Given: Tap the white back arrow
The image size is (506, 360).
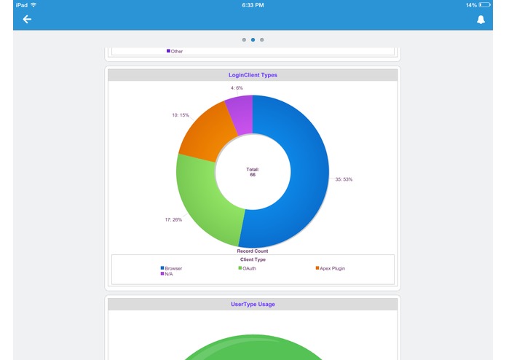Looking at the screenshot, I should click(27, 19).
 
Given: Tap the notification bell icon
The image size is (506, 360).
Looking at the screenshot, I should click(481, 20).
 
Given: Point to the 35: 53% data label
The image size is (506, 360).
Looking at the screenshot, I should click(344, 179).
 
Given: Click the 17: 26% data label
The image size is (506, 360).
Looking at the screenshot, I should click(173, 219).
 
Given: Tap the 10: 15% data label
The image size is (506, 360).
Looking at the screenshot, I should click(180, 115).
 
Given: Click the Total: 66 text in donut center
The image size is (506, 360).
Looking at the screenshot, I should click(253, 172).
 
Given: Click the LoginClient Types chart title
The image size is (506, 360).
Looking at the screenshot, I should click(253, 75).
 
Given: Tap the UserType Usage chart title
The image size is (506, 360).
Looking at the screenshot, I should click(253, 304).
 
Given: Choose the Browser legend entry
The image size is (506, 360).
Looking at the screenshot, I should click(172, 268).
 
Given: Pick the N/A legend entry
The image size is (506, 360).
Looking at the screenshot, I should click(167, 274).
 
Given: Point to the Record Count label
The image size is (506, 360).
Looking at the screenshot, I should click(253, 251).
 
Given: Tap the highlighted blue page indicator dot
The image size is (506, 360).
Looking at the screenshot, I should click(253, 39).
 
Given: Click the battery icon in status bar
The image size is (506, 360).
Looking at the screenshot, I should click(485, 5).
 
